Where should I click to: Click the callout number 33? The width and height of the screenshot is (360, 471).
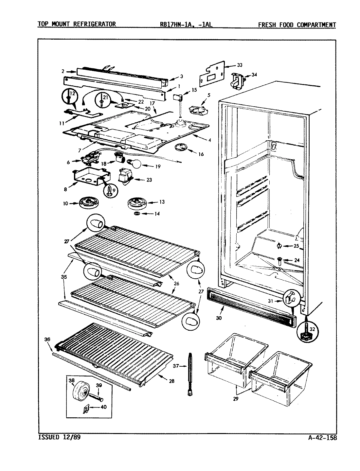pos(240,65)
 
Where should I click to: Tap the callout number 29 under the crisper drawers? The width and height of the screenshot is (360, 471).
pos(236,399)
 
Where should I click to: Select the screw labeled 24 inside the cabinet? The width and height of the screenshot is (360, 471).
pos(279,260)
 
